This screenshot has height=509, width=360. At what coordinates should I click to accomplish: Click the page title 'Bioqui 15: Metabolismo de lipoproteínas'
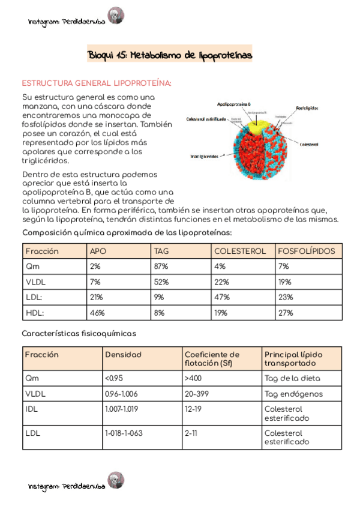[170, 55]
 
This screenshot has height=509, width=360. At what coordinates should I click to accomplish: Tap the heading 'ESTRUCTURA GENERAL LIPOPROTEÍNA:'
[97, 83]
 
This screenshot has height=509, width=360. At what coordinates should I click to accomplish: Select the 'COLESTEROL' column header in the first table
[239, 251]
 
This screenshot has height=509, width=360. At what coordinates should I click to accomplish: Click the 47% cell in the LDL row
[221, 297]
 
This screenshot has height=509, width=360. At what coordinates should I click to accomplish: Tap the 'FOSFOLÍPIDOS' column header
[307, 251]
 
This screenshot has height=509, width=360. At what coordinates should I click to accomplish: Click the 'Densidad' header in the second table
[123, 355]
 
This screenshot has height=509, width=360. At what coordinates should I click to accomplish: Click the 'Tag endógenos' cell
[293, 394]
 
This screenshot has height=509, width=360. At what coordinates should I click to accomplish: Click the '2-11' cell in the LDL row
[191, 433]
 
